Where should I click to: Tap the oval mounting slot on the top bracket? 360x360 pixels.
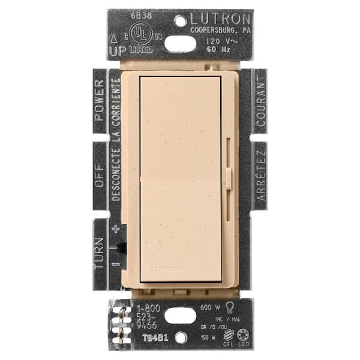pyautogui.click(x=179, y=43)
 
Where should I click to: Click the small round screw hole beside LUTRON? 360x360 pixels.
pyautogui.click(x=179, y=20)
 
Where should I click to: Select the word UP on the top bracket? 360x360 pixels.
pyautogui.click(x=118, y=52)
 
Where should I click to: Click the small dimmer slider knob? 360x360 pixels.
pyautogui.click(x=229, y=178)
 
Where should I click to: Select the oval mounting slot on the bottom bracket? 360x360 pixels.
pyautogui.click(x=179, y=316)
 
